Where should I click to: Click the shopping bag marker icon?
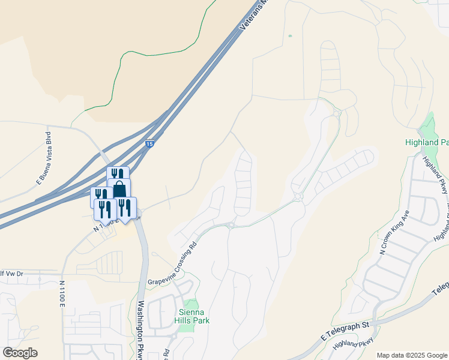tap(119, 188)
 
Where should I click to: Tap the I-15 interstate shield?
tap(149, 144)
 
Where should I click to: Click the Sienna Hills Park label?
tap(192, 316)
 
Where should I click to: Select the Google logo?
tap(20, 352)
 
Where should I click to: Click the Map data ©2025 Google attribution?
tap(412, 355)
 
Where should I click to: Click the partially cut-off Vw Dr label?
tap(11, 273)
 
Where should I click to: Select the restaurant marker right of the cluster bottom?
tap(125, 208)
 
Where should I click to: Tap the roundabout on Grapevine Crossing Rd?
tap(230, 225)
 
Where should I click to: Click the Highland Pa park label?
tap(426, 143)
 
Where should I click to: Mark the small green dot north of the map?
tap(290, 36)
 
